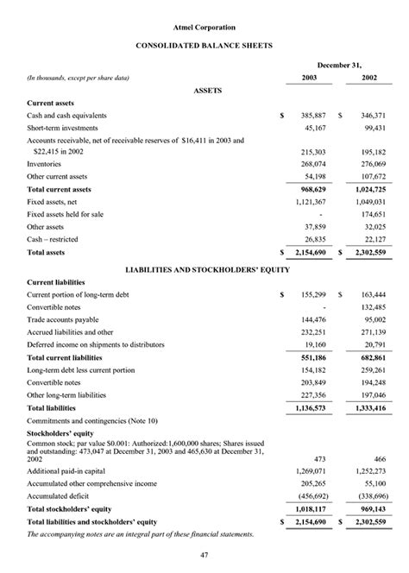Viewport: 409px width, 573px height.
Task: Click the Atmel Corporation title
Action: (204, 28)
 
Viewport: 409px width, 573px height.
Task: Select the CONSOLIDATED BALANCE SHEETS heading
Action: (204, 44)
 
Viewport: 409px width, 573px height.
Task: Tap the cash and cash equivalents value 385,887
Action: (311, 115)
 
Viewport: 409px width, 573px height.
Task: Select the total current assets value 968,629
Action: (311, 188)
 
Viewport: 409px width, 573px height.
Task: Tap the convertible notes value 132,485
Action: (371, 306)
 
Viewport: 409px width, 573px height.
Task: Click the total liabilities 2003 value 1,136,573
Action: (310, 407)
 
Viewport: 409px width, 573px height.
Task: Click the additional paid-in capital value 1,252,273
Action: (369, 472)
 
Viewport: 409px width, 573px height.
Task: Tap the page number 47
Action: (204, 554)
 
